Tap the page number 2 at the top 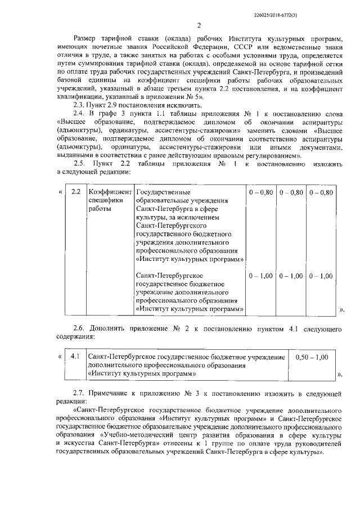tap(199, 25)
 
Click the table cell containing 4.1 tap(75, 357)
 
